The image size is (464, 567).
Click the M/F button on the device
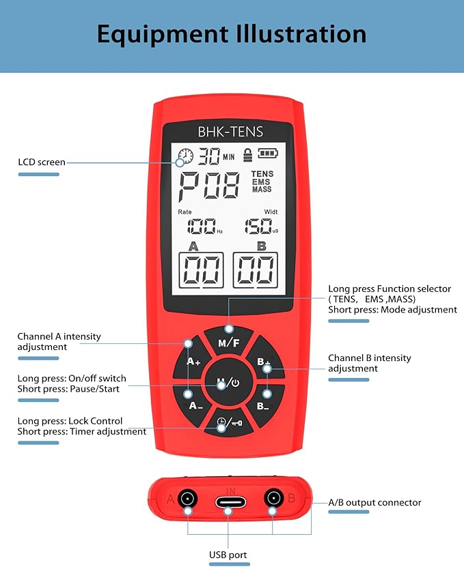[x=228, y=343]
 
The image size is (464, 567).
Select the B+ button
[x=263, y=362]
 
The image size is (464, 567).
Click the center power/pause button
[x=228, y=383]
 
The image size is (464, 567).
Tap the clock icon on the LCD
[x=185, y=157]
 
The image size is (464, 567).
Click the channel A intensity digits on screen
[x=201, y=272]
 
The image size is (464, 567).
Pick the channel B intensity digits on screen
[x=255, y=272]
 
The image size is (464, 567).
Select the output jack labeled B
[x=273, y=499]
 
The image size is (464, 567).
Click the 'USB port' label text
[x=228, y=555]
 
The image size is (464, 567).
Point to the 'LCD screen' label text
[x=42, y=162]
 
